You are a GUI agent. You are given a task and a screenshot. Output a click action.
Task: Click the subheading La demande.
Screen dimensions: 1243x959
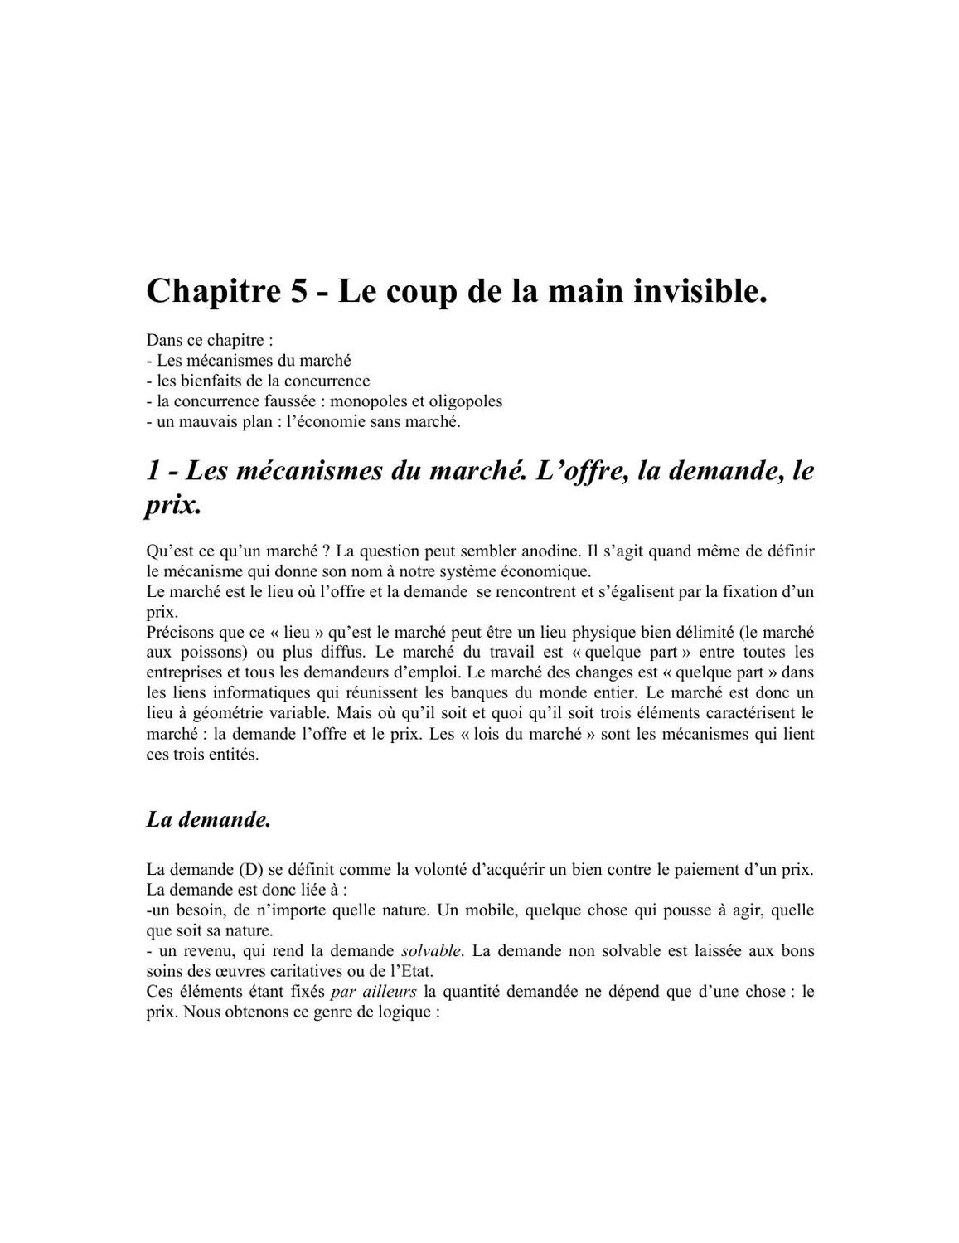pos(209,819)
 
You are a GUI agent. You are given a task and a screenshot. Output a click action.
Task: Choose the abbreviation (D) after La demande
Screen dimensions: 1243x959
pos(250,870)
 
